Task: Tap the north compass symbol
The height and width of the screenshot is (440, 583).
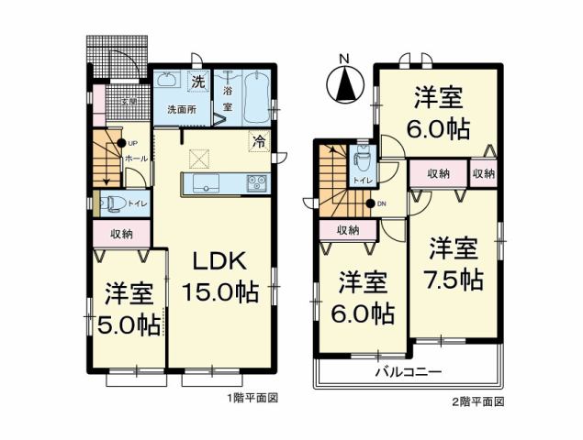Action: [344, 84]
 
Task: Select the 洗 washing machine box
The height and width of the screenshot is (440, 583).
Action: [197, 82]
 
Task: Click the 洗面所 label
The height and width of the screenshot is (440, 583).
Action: [179, 109]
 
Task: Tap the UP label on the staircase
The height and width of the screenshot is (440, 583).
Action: [133, 144]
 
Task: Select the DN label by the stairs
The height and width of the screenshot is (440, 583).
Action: [381, 203]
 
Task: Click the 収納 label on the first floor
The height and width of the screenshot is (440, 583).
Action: [120, 234]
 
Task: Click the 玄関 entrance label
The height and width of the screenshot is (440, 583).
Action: [131, 101]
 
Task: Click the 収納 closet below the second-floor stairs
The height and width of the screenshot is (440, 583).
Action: [347, 230]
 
